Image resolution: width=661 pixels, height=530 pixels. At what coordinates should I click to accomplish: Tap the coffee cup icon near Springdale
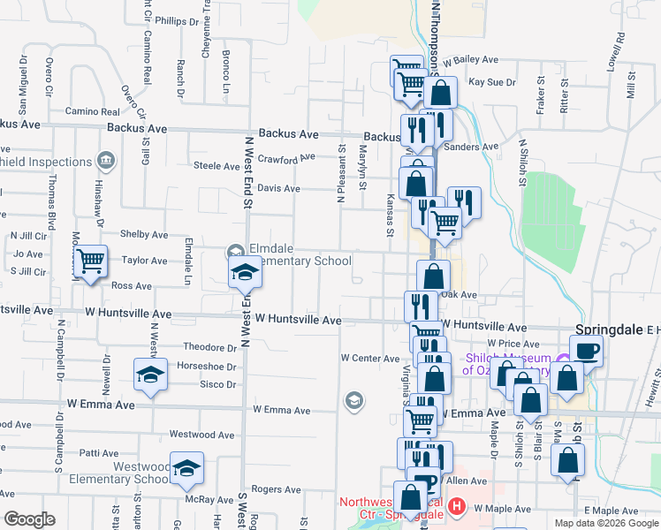click(586, 351)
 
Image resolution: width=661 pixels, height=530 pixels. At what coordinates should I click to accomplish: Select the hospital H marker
click(456, 507)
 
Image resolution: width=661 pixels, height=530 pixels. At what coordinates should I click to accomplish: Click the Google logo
click(29, 519)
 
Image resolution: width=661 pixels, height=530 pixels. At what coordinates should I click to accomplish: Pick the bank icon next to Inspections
click(105, 161)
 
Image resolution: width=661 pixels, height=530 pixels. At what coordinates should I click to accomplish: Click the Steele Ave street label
click(217, 165)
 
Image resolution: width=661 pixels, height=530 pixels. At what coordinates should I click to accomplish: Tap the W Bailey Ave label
click(472, 60)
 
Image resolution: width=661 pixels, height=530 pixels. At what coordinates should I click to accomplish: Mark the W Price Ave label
click(513, 343)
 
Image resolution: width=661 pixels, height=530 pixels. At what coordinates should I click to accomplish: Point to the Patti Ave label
click(99, 452)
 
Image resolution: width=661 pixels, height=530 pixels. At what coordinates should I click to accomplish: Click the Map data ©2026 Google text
click(605, 523)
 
